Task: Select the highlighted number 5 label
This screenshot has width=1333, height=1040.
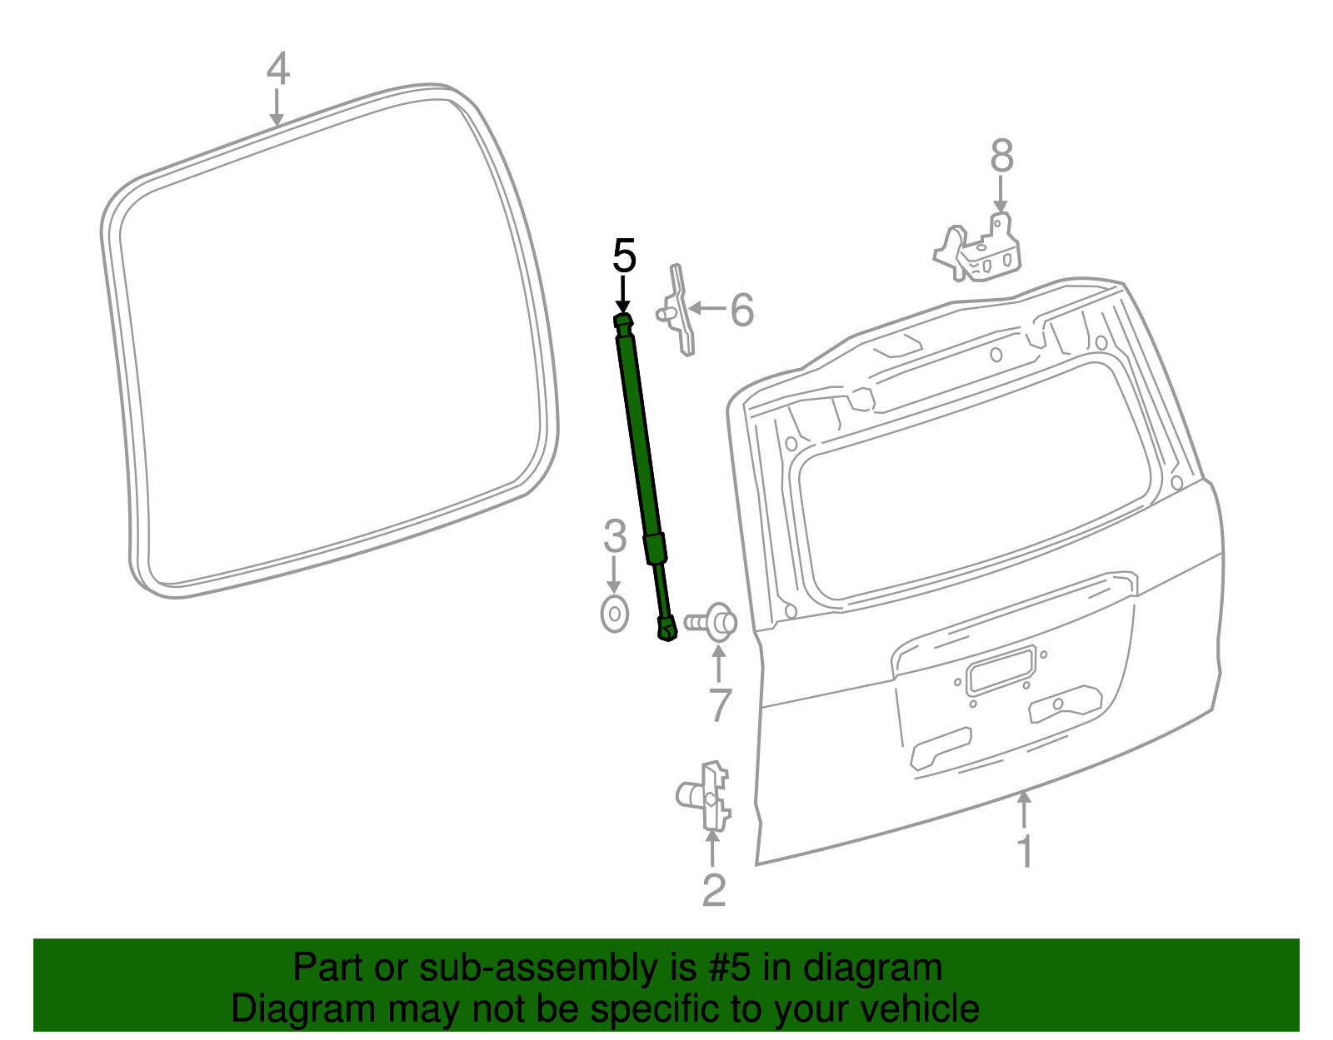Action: coord(624,256)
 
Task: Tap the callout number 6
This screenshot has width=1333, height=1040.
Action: coord(741,311)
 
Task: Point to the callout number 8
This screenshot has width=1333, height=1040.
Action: coord(1001,156)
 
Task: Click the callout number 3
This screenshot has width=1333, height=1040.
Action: coord(615,536)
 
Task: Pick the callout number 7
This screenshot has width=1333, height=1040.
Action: coord(720,704)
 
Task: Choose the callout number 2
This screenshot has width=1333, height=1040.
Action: coord(714,890)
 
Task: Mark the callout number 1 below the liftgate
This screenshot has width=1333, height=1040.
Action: coord(1026,851)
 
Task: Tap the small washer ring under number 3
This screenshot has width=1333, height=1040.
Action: coord(615,615)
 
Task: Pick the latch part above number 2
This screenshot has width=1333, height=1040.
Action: coord(706,797)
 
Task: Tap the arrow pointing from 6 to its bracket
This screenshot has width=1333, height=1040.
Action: coord(707,308)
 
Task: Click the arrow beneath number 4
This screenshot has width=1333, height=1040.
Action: coord(277,108)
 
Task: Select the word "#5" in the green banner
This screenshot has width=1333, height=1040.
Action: coord(730,968)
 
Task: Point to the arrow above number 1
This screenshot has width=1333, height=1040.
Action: coord(1025,810)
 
